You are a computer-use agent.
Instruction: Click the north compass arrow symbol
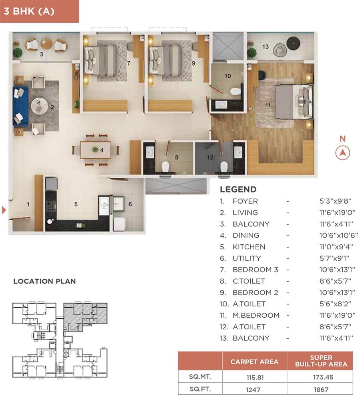click(x=342, y=152)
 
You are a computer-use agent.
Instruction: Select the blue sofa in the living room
click(x=20, y=106)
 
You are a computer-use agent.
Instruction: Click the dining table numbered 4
click(x=96, y=150)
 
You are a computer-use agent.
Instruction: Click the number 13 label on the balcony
click(x=265, y=47)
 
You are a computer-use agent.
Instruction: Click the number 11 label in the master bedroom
click(x=268, y=105)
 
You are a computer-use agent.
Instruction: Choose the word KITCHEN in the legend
click(x=249, y=247)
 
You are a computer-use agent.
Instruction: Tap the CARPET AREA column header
click(x=254, y=362)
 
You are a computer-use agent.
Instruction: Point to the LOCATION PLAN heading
click(x=44, y=281)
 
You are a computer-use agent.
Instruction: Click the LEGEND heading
click(x=238, y=190)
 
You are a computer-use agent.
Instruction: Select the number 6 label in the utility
click(x=130, y=204)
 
